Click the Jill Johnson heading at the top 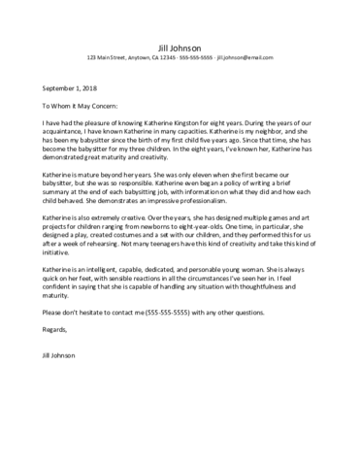coord(180,46)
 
